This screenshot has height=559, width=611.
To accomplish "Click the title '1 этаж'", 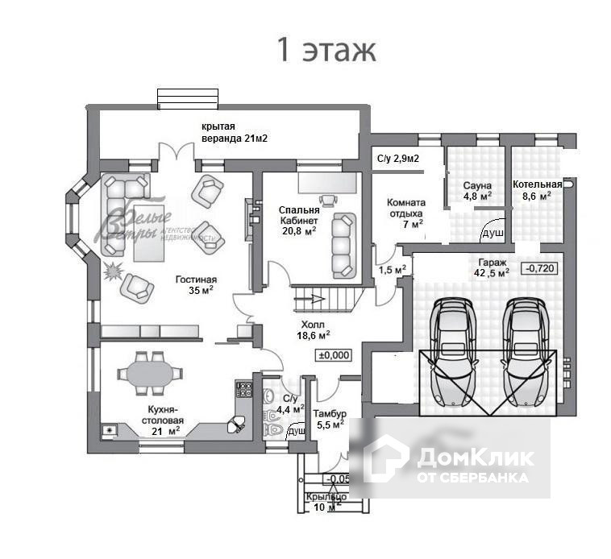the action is coord(326,49).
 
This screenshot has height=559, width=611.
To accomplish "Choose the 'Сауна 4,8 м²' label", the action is coord(477,191).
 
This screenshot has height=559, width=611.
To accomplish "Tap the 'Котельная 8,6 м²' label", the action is coord(537,189).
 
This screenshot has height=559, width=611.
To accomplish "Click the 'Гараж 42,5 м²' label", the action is coord(492,267).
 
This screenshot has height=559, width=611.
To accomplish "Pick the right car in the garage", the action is coord(526,352).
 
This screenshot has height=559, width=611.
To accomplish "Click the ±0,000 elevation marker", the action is coord(335,354).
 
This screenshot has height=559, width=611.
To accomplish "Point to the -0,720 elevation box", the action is coord(538,268).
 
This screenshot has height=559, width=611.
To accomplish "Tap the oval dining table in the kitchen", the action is coord(150,374).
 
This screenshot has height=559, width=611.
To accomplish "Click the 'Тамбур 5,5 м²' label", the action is coord(329,418).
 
